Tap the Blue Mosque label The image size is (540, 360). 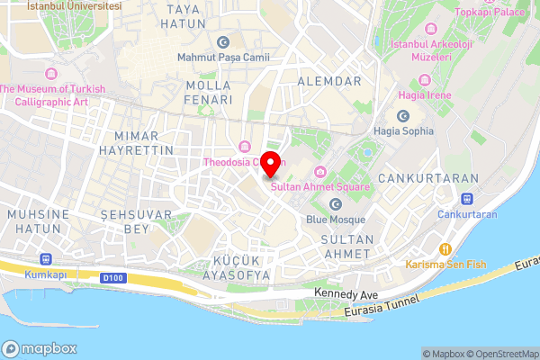336,220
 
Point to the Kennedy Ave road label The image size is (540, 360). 345,294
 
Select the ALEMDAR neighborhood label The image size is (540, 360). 335,81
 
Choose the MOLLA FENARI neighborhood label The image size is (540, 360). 208,92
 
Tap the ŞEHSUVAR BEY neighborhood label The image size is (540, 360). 124,222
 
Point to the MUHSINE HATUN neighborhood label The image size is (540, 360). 38,222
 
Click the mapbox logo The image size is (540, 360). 39,348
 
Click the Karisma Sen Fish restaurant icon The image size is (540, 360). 444,249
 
